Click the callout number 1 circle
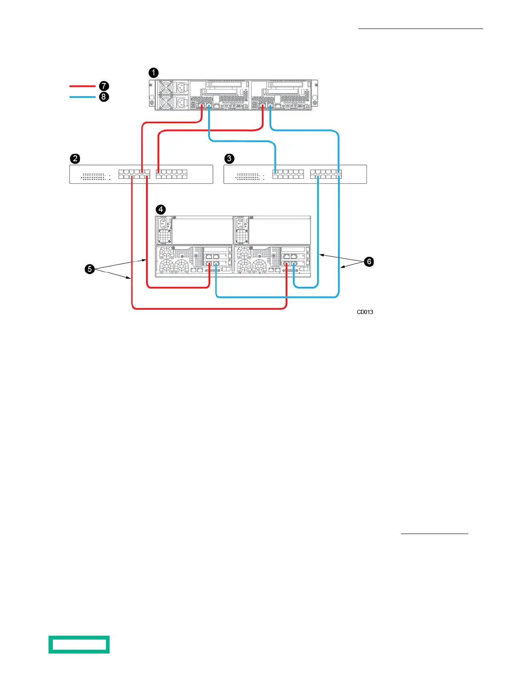click(153, 73)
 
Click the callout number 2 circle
click(75, 159)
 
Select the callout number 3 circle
click(229, 159)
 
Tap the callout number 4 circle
click(160, 209)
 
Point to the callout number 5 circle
click(89, 269)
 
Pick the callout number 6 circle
click(369, 262)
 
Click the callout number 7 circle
click(104, 86)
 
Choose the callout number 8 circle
click(104, 97)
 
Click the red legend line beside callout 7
click(82, 86)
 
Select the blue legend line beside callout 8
click(82, 97)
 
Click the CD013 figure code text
click(365, 312)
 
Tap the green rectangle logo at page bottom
click(79, 644)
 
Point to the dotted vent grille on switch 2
click(93, 176)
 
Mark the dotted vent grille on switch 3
click(247, 176)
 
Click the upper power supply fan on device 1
click(165, 88)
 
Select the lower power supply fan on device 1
click(165, 103)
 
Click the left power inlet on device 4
click(163, 224)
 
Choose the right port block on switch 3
click(326, 174)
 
